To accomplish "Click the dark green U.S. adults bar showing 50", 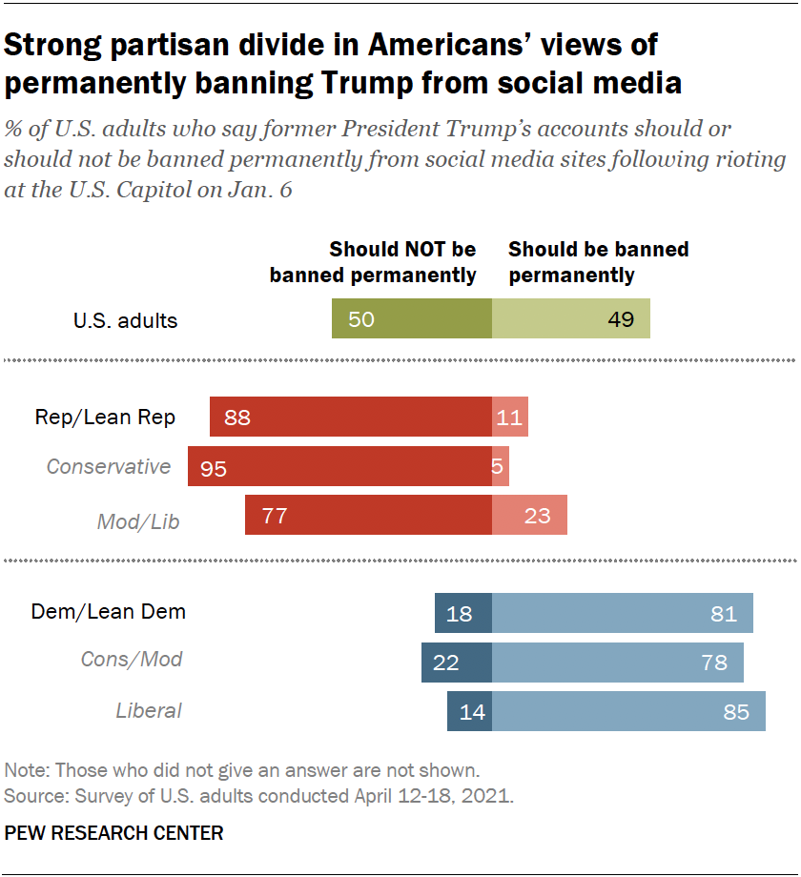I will [411, 318].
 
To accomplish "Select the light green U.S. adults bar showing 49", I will [570, 318].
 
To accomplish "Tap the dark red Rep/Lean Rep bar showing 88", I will [350, 417].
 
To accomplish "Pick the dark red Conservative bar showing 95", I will [339, 466].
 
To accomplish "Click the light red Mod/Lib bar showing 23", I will [529, 516].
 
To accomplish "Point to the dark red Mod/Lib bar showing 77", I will [368, 516].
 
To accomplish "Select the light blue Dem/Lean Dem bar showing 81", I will [622, 613].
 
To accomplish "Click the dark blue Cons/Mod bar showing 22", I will [457, 662].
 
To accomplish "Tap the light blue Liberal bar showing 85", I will [628, 711].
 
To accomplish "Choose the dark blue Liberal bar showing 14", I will [469, 711].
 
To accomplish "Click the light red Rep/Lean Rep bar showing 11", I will [509, 417].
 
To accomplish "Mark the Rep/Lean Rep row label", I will [105, 417].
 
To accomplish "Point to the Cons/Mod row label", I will [132, 660].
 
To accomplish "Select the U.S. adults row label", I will [125, 319].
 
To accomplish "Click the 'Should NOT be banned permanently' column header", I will [373, 262].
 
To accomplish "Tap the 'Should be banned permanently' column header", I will [598, 262].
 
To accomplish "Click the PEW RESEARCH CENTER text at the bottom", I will [114, 833].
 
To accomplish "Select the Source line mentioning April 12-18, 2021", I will [259, 795].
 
